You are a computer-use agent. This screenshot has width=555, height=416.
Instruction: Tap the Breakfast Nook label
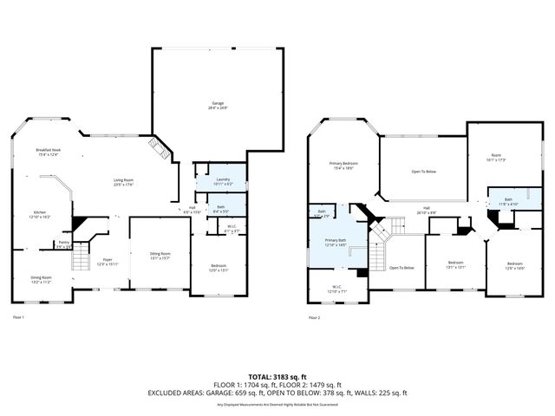tap(48, 152)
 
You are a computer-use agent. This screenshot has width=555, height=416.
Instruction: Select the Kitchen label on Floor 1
tap(40, 214)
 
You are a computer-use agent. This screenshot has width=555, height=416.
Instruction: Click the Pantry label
tap(63, 245)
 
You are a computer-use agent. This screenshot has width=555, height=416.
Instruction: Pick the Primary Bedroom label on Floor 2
tap(343, 166)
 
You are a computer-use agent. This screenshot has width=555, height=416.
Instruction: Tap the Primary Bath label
tap(335, 243)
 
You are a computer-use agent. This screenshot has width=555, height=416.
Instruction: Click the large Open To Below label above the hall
tap(422, 172)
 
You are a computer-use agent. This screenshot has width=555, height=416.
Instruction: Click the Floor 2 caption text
tap(314, 318)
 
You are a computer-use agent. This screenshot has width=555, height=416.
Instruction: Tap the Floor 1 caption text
tap(17, 318)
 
